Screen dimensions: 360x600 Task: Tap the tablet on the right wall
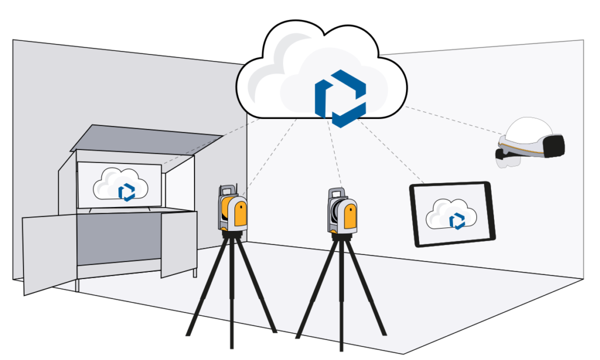click(452, 214)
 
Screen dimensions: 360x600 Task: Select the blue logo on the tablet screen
click(457, 220)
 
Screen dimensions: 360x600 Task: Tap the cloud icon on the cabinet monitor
click(120, 185)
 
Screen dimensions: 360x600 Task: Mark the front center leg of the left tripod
click(232, 293)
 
